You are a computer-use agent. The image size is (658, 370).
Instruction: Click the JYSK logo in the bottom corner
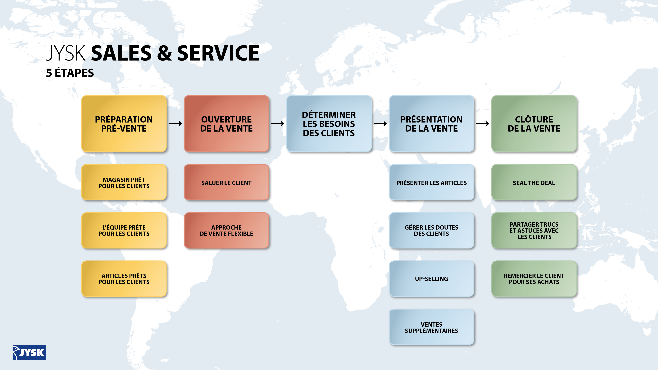29,353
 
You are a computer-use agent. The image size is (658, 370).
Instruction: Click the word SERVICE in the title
218,53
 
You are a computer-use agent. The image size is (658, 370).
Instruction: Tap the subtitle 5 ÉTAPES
70,73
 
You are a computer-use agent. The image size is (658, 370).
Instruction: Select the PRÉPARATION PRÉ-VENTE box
124,124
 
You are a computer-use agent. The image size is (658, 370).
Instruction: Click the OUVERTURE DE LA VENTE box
226,124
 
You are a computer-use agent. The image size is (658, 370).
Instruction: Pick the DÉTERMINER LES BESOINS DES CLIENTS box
329,124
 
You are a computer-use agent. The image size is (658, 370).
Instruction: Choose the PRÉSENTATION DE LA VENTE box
431,124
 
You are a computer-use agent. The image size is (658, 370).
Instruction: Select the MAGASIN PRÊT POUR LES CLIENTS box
124,182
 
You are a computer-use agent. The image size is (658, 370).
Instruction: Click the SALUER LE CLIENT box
226,182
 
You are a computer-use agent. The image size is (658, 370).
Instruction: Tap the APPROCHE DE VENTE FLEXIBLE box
226,230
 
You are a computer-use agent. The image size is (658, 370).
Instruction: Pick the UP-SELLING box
431,279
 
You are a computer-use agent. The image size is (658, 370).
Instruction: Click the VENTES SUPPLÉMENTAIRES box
431,327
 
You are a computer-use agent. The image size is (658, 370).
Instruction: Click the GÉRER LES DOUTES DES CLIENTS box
431,230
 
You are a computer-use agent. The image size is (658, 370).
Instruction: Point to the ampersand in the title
164,53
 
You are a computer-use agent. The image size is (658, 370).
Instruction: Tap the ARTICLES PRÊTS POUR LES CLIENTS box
124,279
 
